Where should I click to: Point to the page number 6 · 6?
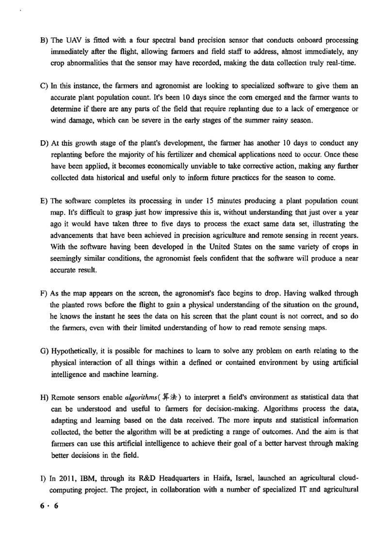point(49,505)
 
